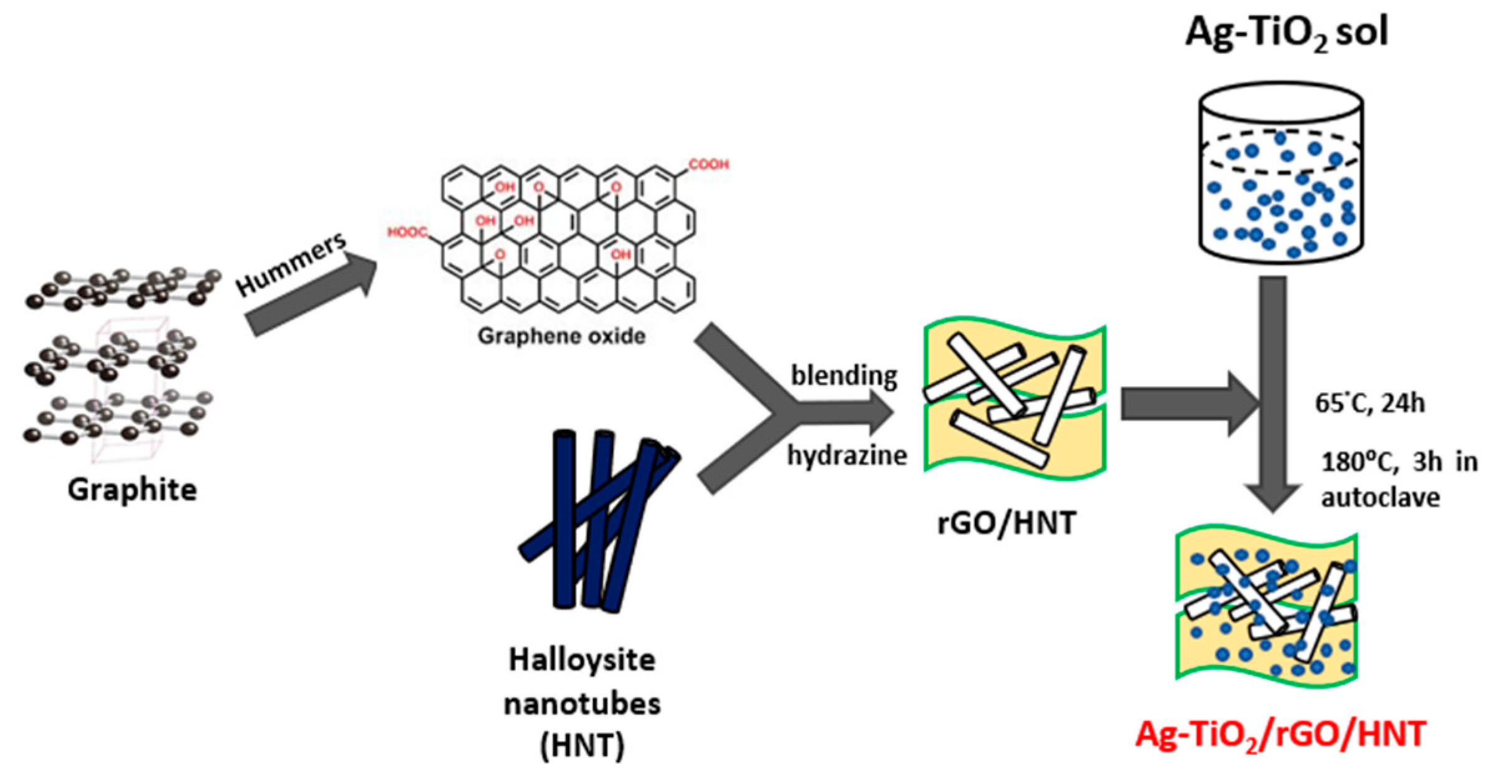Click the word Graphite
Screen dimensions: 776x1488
[x=132, y=490]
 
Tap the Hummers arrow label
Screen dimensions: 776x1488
[x=291, y=264]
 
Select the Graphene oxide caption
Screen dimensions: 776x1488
[x=561, y=336]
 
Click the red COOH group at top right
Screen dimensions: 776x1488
[x=708, y=164]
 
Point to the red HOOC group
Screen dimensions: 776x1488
[x=407, y=233]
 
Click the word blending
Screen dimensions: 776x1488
[x=844, y=376]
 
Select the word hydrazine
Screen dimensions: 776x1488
[x=847, y=455]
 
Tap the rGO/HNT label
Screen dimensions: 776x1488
[x=1007, y=523]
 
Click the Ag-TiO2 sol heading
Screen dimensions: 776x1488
[x=1286, y=32]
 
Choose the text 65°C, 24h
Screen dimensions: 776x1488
[x=1370, y=404]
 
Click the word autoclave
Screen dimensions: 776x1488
[x=1380, y=498]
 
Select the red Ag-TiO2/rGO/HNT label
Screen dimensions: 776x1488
[x=1280, y=734]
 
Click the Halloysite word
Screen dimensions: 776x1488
[x=582, y=660]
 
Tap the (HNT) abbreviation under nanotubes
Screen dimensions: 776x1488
[x=582, y=745]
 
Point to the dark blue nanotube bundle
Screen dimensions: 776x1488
[x=596, y=518]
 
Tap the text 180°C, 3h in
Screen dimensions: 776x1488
[x=1399, y=463]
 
